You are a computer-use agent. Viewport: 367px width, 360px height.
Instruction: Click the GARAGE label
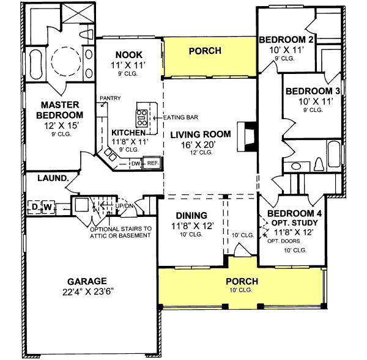pyautogui.click(x=87, y=282)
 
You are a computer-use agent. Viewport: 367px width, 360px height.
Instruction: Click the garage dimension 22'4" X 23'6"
pyautogui.click(x=87, y=293)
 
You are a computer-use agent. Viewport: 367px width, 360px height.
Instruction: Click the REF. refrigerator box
pyautogui.click(x=152, y=163)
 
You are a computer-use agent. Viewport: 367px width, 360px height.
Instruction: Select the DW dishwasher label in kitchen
pyautogui.click(x=135, y=163)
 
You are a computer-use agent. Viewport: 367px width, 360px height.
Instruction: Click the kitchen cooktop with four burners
pyautogui.click(x=141, y=116)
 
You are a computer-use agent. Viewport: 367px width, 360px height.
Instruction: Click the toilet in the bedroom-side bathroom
pyautogui.click(x=319, y=164)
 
